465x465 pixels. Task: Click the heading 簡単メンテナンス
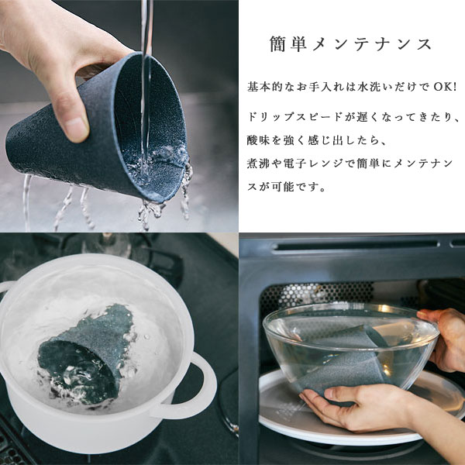[350, 44]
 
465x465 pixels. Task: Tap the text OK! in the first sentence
[445, 87]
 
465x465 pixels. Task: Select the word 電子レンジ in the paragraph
[315, 164]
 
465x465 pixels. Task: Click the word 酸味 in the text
[258, 140]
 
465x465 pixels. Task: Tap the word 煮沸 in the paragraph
[258, 164]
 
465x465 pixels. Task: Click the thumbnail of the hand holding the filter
[119, 116]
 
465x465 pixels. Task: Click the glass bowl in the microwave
[350, 347]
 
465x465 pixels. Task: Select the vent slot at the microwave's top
[355, 245]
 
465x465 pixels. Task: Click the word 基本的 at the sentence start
[264, 87]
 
